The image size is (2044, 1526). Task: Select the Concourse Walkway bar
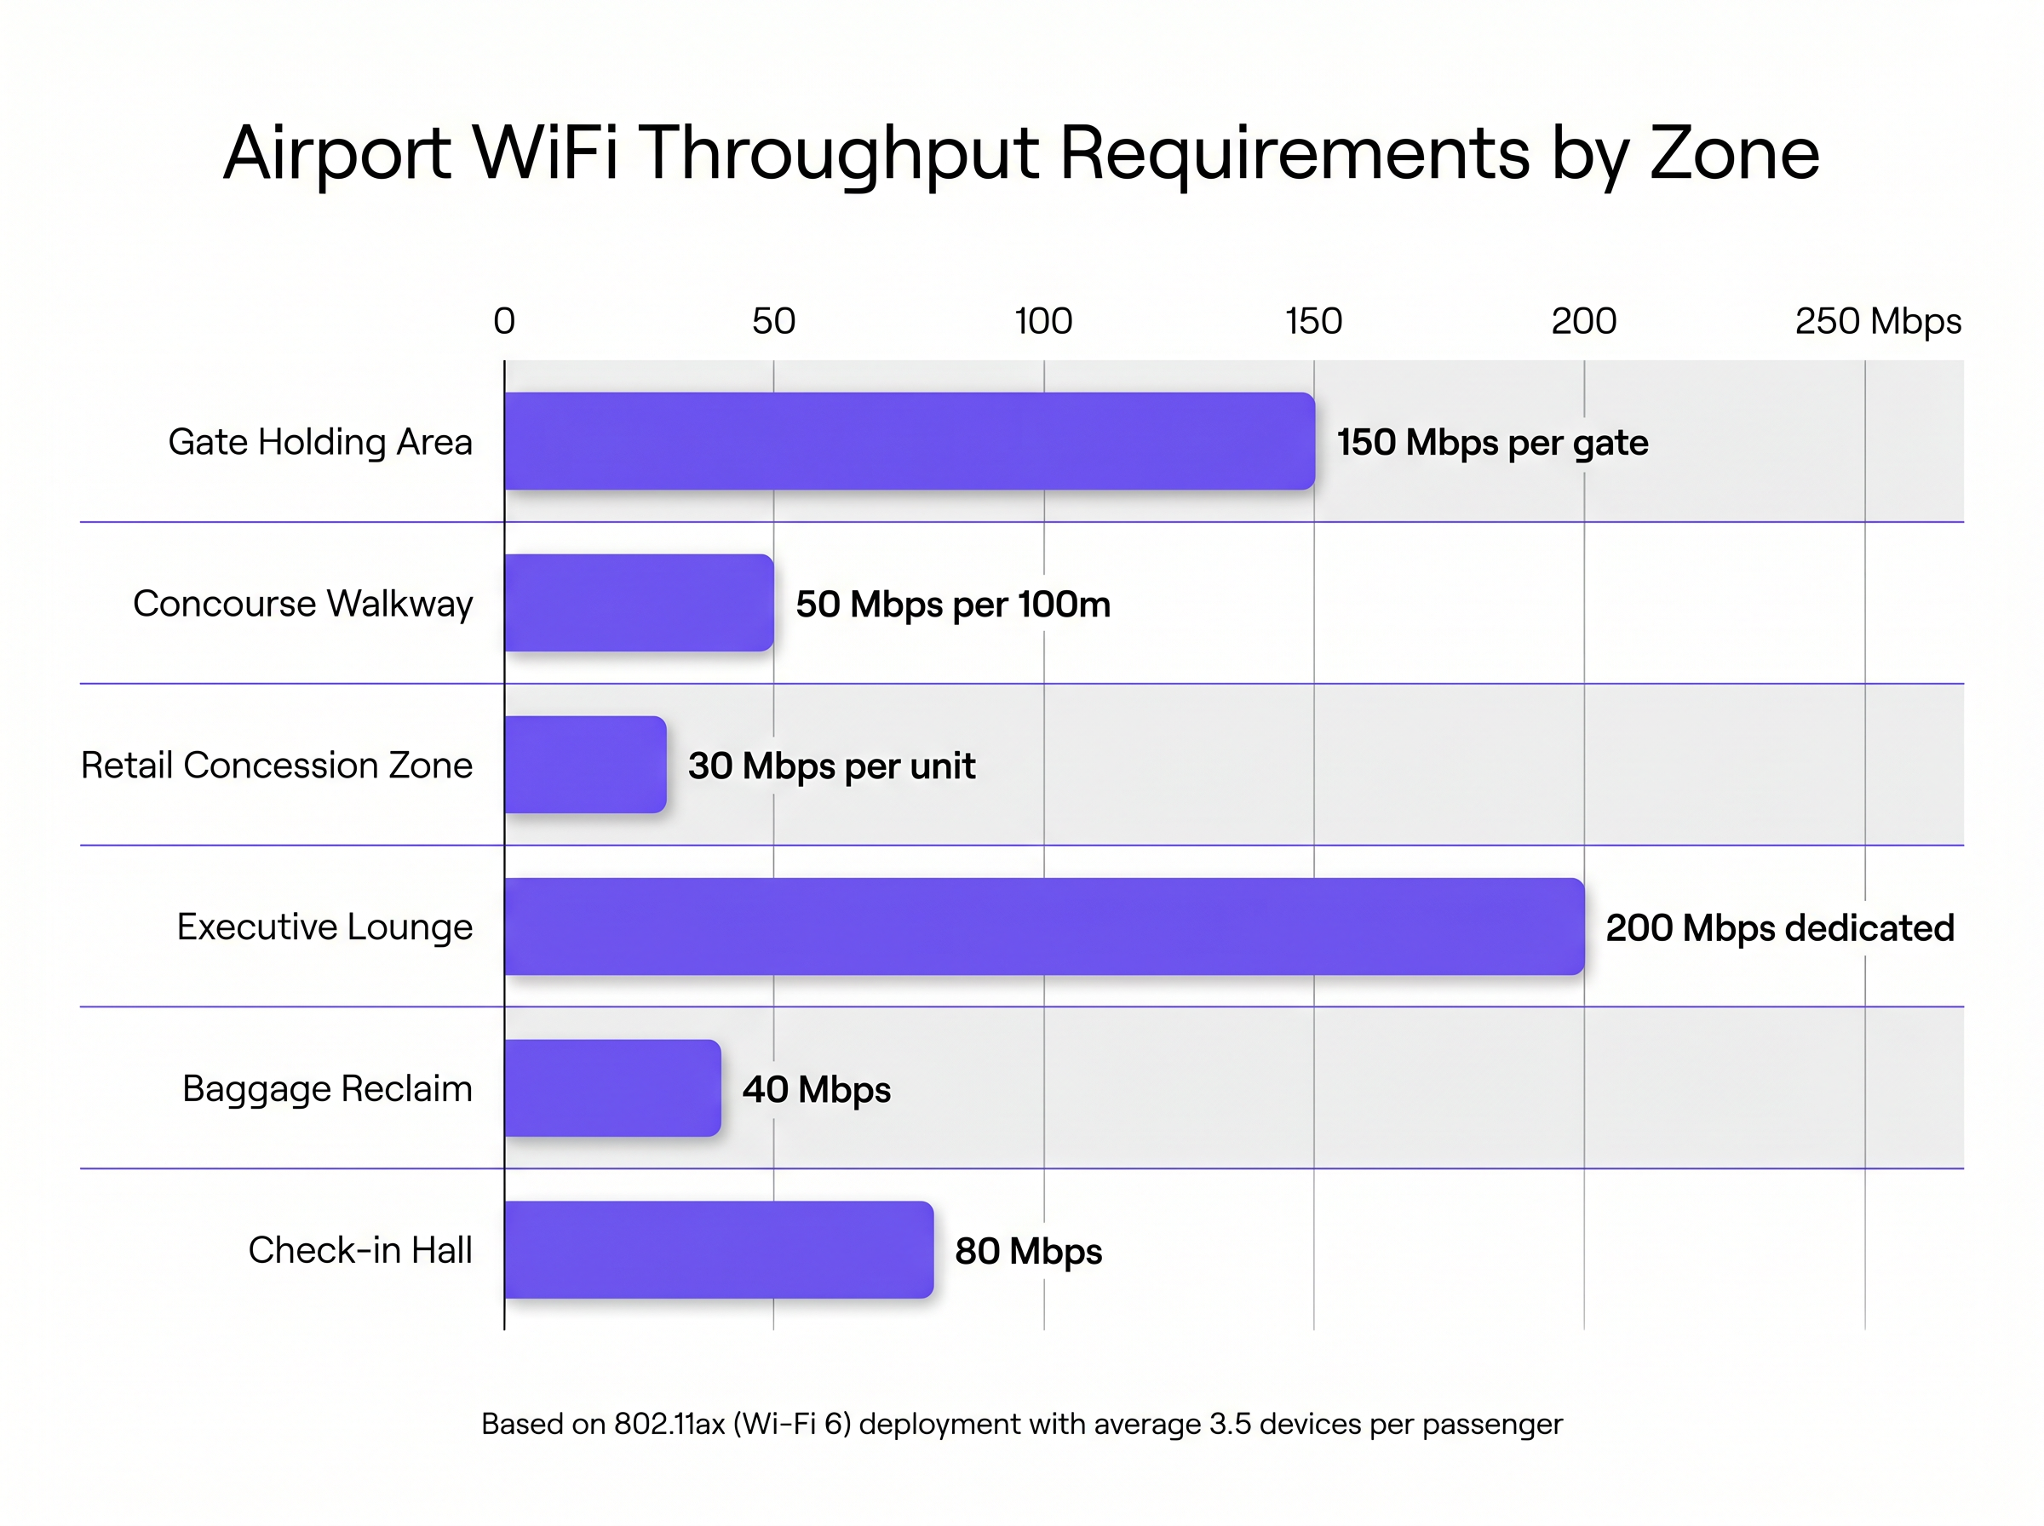point(638,602)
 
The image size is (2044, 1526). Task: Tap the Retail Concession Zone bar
point(584,764)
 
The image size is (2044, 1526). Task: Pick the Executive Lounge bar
point(1043,926)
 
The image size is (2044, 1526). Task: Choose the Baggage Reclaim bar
point(611,1087)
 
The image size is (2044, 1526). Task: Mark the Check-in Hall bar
point(718,1249)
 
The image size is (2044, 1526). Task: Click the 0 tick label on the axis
point(503,321)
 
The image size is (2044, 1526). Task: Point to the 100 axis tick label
point(1042,321)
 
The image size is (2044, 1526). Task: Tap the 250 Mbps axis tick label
point(1877,321)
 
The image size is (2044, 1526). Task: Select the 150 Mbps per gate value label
point(1491,443)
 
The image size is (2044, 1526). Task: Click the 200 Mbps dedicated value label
point(1779,927)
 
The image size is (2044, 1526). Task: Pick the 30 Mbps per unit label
point(831,766)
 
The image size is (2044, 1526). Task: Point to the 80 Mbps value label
point(1028,1251)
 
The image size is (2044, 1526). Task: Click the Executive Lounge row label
point(324,926)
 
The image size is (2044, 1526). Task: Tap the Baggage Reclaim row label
point(327,1088)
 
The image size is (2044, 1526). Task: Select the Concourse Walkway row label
point(302,603)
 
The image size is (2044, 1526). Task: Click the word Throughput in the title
point(839,153)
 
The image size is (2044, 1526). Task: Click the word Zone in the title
point(1734,153)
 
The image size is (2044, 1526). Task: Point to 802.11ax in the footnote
point(669,1424)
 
